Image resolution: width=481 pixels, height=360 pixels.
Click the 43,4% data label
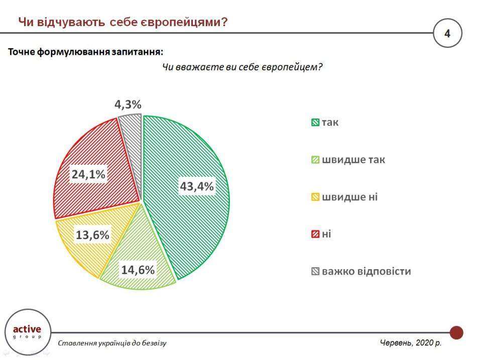[x=197, y=186]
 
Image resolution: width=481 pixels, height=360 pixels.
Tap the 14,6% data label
[x=138, y=270]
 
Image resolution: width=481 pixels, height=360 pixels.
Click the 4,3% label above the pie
[x=128, y=104]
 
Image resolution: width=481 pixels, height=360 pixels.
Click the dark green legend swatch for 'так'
[x=315, y=123]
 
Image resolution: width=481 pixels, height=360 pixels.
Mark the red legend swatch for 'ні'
[x=315, y=234]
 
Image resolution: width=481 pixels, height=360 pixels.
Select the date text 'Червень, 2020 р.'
[x=410, y=342]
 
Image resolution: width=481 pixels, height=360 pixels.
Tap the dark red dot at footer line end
[x=456, y=332]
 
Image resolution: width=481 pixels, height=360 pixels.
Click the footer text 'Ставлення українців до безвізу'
[x=112, y=343]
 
